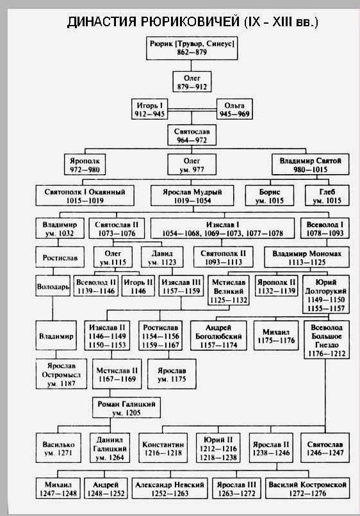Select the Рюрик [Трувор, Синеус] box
(x=192, y=48)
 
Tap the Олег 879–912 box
(x=192, y=82)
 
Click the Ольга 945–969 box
(x=234, y=109)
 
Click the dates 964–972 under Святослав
(x=192, y=140)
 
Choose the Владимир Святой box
(x=310, y=165)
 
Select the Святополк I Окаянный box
(x=85, y=196)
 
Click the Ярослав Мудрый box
(x=192, y=196)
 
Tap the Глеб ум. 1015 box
(x=327, y=196)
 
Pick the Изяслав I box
(x=223, y=229)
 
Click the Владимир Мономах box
(x=307, y=257)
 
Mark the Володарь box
(x=53, y=286)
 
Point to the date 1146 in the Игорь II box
(x=138, y=291)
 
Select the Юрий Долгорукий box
(x=326, y=295)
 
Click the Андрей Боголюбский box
(x=218, y=335)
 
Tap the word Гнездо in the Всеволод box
(x=327, y=345)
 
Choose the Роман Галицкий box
(x=126, y=408)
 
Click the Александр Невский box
(x=170, y=488)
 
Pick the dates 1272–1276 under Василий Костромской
(x=307, y=494)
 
